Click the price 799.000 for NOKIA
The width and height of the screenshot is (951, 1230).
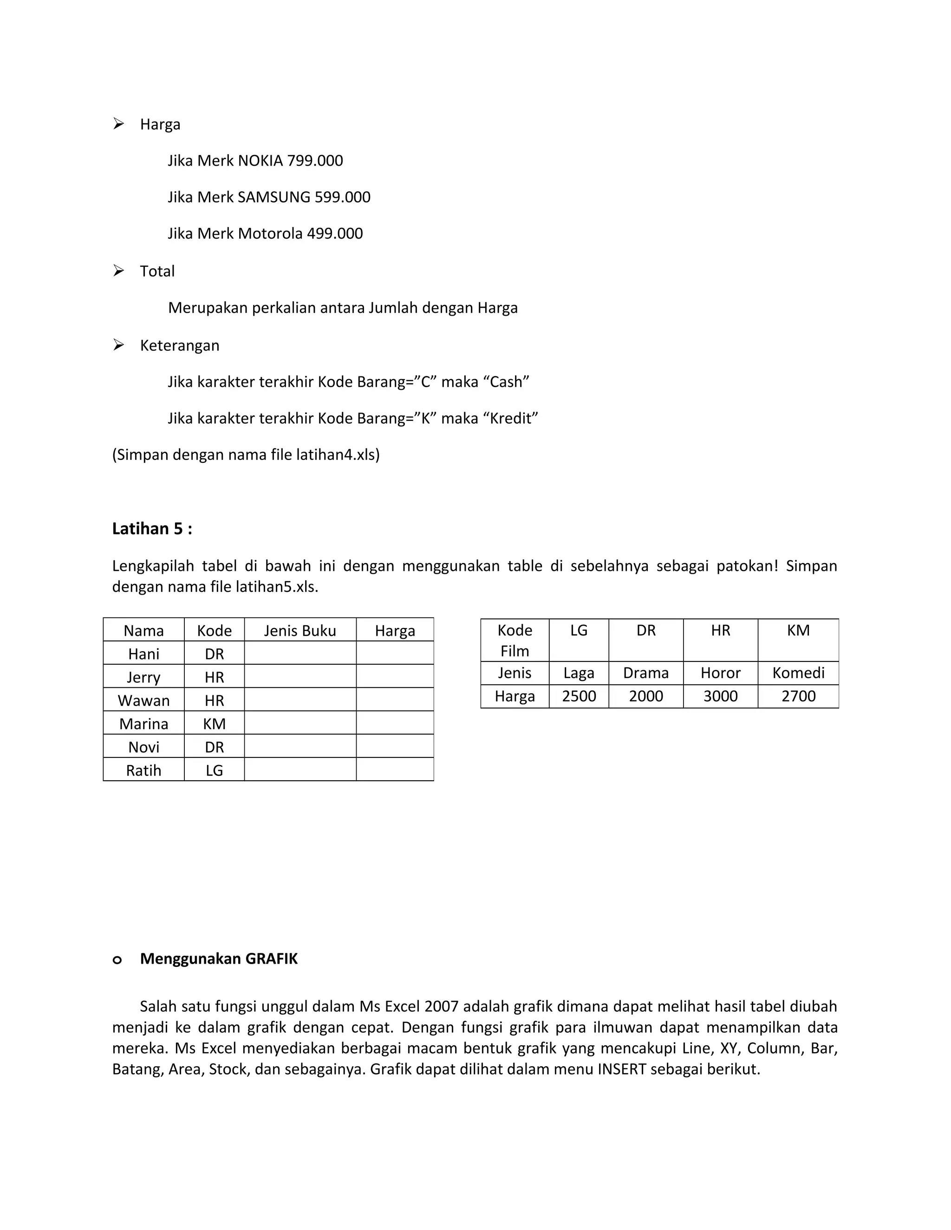[x=314, y=161]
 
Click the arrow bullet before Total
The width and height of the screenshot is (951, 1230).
[x=118, y=271]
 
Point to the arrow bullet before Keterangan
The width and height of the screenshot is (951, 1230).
[x=118, y=345]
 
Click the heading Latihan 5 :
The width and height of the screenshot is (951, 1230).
[x=152, y=529]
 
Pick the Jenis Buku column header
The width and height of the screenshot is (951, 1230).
[x=300, y=631]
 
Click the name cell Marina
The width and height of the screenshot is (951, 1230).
[x=143, y=724]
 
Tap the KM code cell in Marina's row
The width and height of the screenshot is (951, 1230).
[x=214, y=724]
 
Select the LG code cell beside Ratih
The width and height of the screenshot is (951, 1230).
[x=214, y=770]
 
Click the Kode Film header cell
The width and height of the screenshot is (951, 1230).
[x=515, y=641]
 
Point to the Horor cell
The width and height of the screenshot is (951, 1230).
[x=720, y=673]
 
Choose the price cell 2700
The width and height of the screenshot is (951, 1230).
[x=798, y=697]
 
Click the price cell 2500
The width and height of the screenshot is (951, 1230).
[x=579, y=697]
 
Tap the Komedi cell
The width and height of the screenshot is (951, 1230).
[x=798, y=673]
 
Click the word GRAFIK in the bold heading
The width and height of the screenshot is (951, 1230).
[x=272, y=959]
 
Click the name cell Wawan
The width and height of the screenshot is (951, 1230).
[x=143, y=700]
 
